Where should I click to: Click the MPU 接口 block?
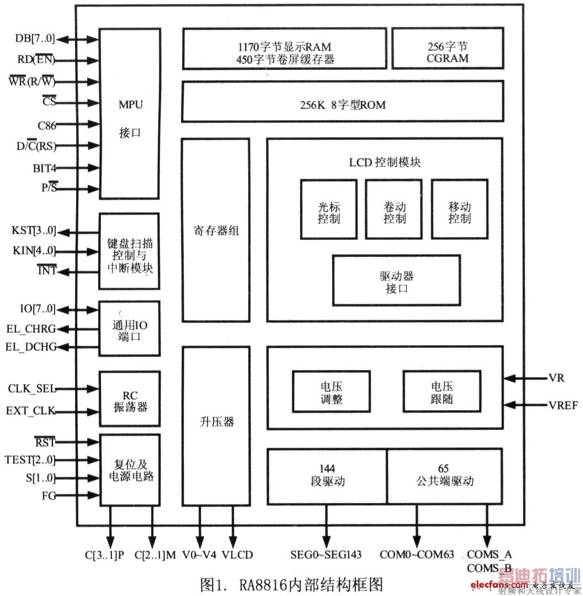click(x=130, y=114)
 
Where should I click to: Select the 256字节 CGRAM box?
click(x=447, y=49)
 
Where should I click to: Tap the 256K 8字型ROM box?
click(x=342, y=101)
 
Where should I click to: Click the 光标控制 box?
click(x=328, y=209)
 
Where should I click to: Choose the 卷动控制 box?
click(x=394, y=209)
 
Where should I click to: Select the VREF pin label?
click(x=563, y=405)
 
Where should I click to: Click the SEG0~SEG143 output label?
click(x=327, y=555)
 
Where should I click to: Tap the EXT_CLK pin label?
click(x=31, y=411)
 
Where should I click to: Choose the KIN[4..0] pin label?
click(x=34, y=251)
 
